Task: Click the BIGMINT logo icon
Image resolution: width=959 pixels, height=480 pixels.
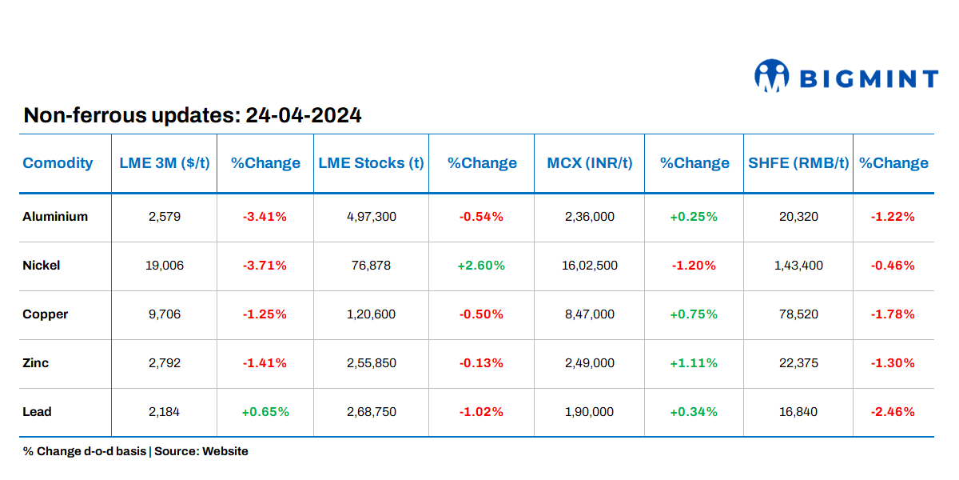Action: pyautogui.click(x=771, y=77)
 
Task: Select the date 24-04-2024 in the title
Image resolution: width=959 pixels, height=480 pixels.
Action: pyautogui.click(x=304, y=115)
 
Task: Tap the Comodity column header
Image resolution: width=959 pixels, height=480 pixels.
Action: pyautogui.click(x=58, y=163)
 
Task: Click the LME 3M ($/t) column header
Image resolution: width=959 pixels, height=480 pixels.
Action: pyautogui.click(x=165, y=163)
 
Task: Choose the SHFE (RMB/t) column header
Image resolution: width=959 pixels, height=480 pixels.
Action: pyautogui.click(x=798, y=163)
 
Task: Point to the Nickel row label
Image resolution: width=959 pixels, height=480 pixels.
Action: pyautogui.click(x=42, y=266)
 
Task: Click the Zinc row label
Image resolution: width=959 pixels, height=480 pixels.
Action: pyautogui.click(x=36, y=363)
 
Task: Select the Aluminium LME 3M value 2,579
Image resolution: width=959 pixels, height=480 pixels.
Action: pyautogui.click(x=165, y=217)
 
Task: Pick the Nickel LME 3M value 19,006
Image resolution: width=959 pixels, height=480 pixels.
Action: pyautogui.click(x=165, y=266)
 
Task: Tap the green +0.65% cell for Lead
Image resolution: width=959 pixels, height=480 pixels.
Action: pyautogui.click(x=265, y=412)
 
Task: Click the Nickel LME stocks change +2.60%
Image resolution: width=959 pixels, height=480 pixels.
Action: pyautogui.click(x=481, y=266)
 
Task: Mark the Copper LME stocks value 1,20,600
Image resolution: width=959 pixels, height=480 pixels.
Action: pyautogui.click(x=371, y=314)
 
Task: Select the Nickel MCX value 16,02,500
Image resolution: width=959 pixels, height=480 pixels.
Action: pyautogui.click(x=591, y=266)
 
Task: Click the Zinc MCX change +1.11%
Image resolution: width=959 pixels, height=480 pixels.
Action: pyautogui.click(x=694, y=363)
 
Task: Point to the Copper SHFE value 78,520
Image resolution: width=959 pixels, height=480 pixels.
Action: pyautogui.click(x=798, y=314)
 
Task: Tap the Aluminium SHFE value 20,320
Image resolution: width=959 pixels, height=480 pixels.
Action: pyautogui.click(x=798, y=217)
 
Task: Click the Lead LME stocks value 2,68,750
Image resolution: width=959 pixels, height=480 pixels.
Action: pyautogui.click(x=371, y=412)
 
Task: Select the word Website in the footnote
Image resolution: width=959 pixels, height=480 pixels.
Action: pyautogui.click(x=225, y=451)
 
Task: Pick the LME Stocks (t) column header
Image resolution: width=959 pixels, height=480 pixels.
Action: pyautogui.click(x=371, y=163)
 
